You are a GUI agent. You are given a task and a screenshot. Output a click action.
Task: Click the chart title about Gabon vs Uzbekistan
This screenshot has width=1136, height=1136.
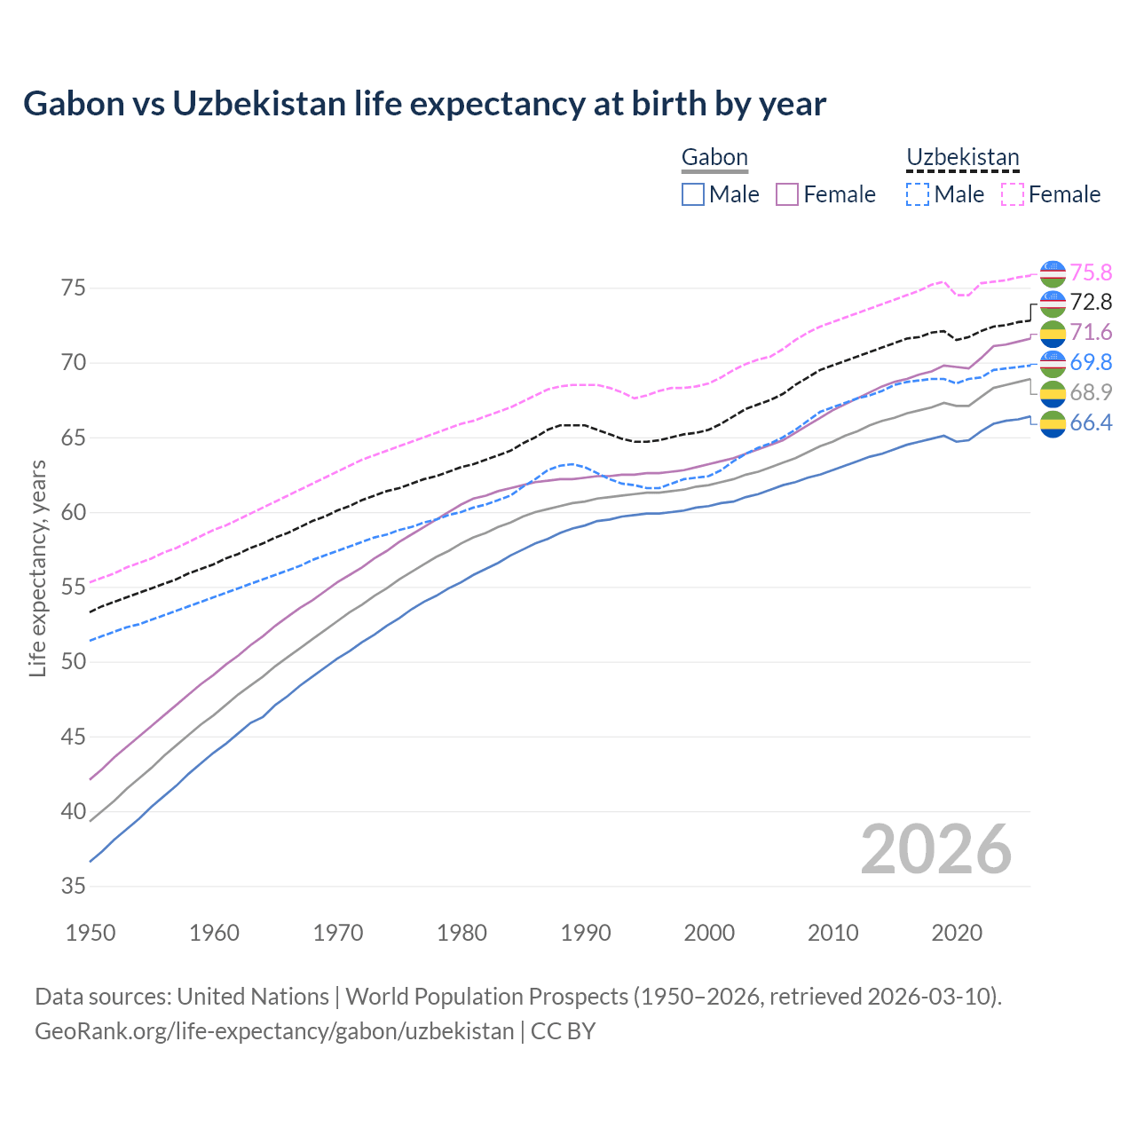coord(424,104)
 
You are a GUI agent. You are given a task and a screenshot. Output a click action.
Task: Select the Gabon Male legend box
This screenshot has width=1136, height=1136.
coord(693,194)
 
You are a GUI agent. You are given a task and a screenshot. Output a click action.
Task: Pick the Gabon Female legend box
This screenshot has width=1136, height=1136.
coord(787,194)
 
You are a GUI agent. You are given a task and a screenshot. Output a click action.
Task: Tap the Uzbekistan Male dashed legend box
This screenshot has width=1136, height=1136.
coord(918,194)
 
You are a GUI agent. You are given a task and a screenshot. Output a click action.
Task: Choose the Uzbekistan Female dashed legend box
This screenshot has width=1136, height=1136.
coord(1013,194)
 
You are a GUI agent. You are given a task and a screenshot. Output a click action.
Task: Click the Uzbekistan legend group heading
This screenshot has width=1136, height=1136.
coord(962,157)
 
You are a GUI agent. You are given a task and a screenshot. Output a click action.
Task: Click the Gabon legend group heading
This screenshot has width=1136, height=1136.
coord(714,157)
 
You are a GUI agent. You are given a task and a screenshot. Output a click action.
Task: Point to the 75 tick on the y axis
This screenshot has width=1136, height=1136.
coord(74,288)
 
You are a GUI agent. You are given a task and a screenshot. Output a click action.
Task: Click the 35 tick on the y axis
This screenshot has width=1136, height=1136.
coord(74,887)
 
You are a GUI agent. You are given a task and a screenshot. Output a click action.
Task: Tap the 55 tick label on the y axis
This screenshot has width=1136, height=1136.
coord(74,588)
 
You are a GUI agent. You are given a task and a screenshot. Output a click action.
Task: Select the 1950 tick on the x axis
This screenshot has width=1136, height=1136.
coord(91,933)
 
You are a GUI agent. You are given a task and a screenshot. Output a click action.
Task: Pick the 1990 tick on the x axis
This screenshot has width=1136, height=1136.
coord(586,933)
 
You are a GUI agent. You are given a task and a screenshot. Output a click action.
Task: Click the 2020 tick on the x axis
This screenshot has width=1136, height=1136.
coord(957,933)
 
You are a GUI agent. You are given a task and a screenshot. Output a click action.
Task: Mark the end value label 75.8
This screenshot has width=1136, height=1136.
coord(1091,272)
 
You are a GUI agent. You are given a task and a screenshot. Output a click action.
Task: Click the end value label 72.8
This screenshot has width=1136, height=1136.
coord(1091,303)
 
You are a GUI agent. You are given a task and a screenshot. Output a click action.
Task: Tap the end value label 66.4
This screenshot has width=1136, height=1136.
coord(1091,423)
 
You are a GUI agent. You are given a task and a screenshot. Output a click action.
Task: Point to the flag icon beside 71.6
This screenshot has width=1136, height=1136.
coord(1053,333)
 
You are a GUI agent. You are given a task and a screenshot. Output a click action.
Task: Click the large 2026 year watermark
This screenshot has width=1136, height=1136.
coord(936,849)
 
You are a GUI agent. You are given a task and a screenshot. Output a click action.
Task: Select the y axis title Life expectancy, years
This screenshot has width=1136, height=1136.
coord(38,568)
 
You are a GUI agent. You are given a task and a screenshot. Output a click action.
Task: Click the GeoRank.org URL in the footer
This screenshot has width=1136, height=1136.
coord(274,1031)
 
